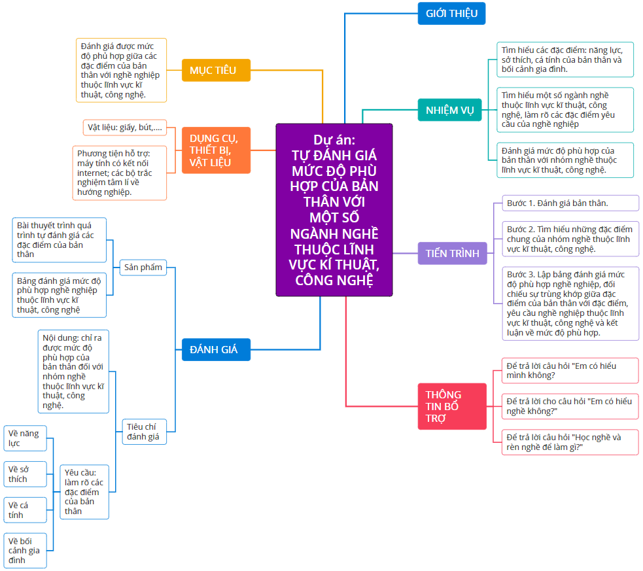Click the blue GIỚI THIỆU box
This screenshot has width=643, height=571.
tap(451, 14)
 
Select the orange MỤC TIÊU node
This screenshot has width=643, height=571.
tap(216, 70)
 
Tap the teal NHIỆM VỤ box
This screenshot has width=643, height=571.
tap(449, 110)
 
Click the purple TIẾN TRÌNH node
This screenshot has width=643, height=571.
tap(452, 253)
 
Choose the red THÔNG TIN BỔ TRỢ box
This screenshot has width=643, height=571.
tap(452, 406)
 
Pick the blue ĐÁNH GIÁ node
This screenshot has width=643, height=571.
tap(216, 350)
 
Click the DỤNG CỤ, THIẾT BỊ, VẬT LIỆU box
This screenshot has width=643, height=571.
tap(216, 150)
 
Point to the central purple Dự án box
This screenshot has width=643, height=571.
tap(334, 210)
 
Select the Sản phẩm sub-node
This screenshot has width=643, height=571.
tap(143, 268)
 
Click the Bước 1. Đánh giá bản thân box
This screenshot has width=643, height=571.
tap(570, 203)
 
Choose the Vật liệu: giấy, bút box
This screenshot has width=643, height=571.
tap(125, 128)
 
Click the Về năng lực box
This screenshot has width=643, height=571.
tap(25, 438)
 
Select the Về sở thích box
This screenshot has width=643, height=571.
tap(25, 474)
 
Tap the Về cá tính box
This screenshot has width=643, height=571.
tap(25, 510)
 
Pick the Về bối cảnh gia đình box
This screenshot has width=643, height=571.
tap(25, 551)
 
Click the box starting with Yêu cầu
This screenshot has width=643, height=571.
tap(84, 492)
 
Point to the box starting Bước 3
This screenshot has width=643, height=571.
tap(570, 303)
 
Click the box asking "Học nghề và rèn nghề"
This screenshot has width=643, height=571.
tap(570, 442)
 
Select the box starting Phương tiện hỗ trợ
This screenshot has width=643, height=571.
tap(119, 173)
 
